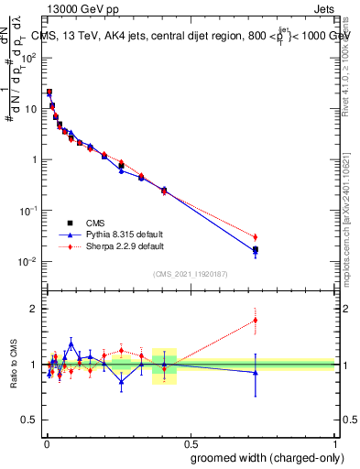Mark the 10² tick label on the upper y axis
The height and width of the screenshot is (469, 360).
click(x=27, y=57)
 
